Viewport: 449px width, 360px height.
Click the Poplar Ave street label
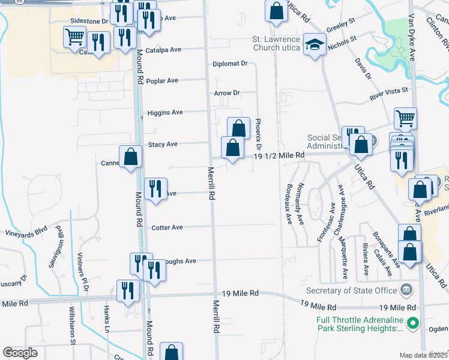164,80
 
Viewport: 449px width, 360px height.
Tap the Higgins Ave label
165,112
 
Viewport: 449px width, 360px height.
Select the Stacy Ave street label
163,144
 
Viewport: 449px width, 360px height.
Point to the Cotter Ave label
167,227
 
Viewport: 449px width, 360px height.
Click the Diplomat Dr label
230,64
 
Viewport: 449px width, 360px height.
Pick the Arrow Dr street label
227,93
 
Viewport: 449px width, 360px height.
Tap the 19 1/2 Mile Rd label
279,155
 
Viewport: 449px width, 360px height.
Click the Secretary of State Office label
352,290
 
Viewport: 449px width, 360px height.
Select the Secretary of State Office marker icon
406,290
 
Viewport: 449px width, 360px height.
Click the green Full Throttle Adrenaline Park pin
412,324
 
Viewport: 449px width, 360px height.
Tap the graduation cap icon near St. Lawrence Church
314,44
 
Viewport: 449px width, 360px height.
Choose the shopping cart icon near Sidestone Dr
75,37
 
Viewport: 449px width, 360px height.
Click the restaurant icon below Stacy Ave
155,188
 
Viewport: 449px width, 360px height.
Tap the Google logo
20,352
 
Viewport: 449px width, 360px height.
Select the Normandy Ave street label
300,203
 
